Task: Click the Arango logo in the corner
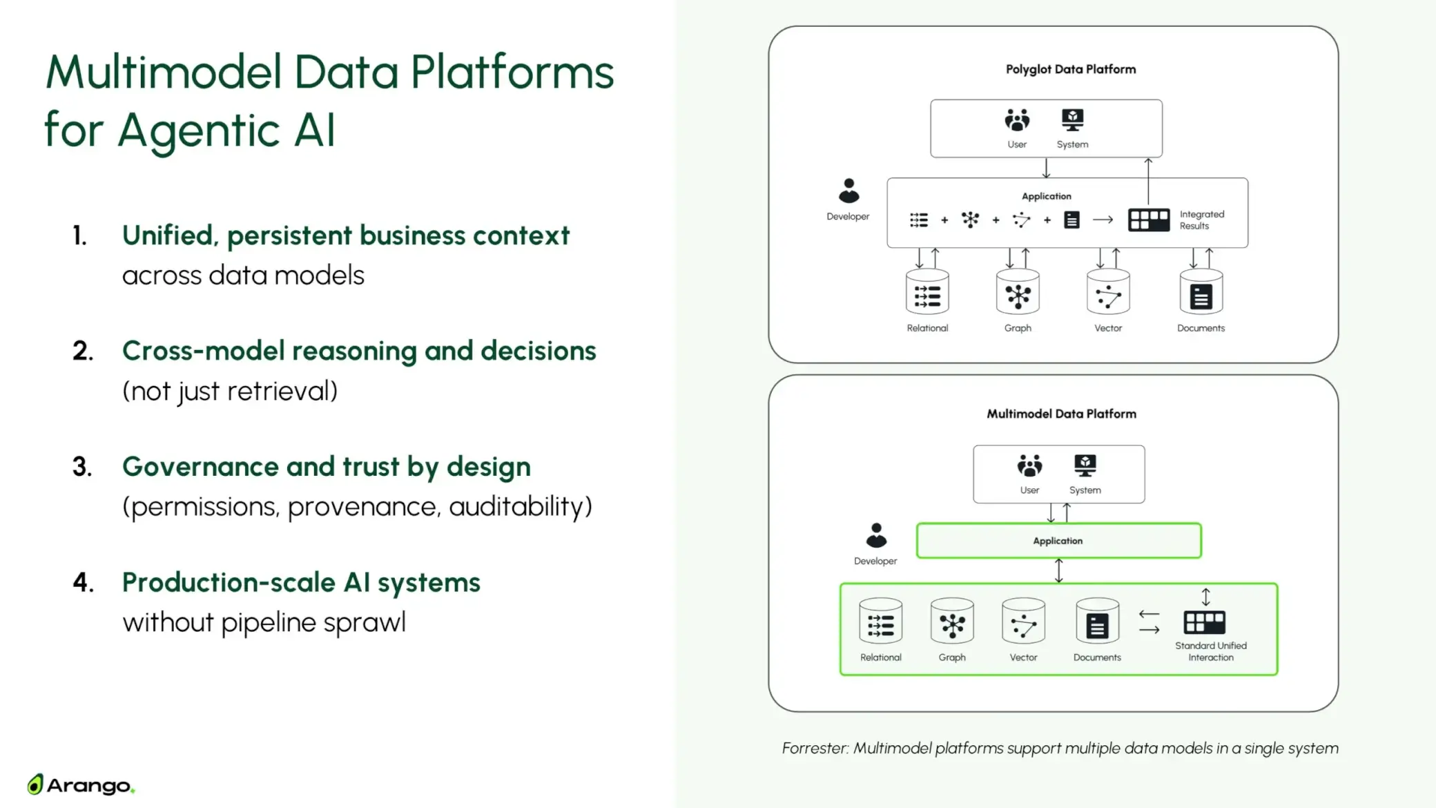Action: click(x=81, y=785)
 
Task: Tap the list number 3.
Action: click(x=82, y=468)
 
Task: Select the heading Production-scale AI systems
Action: click(x=301, y=583)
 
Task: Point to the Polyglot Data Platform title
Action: click(x=1070, y=70)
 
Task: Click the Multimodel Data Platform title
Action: click(x=1061, y=414)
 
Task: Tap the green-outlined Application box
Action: click(x=1058, y=541)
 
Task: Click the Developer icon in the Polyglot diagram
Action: click(x=848, y=191)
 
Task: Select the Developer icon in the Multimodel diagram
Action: click(x=876, y=536)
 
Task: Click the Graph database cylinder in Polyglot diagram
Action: click(x=1018, y=293)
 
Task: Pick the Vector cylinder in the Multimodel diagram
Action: click(x=1023, y=622)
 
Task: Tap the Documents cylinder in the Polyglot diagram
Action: click(x=1201, y=293)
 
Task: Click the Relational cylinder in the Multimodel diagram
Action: click(x=880, y=622)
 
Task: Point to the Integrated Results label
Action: click(x=1201, y=220)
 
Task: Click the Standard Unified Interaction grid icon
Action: click(x=1205, y=622)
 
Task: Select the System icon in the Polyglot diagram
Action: click(x=1072, y=120)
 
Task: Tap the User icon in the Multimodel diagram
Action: click(x=1029, y=466)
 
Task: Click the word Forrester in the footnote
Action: click(x=815, y=749)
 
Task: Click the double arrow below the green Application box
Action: click(x=1058, y=571)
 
